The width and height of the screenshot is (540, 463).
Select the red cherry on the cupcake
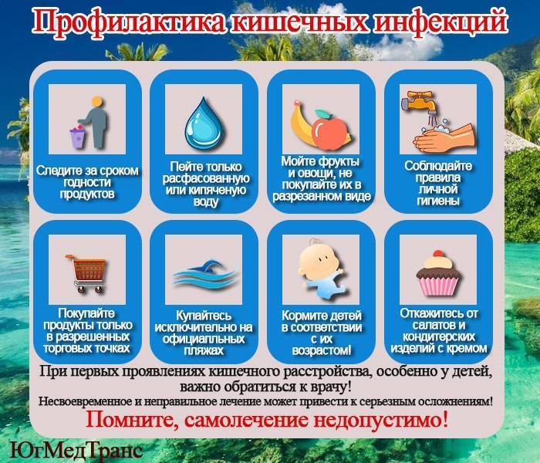pyautogui.click(x=438, y=254)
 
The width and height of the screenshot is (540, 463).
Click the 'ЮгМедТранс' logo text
pyautogui.click(x=76, y=450)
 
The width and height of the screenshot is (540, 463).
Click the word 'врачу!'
pyautogui.click(x=330, y=387)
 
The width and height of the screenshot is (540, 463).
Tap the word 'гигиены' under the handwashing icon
pyautogui.click(x=438, y=201)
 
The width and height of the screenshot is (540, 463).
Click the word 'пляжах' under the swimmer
pyautogui.click(x=204, y=350)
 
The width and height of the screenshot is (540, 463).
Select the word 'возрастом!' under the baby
pyautogui.click(x=322, y=350)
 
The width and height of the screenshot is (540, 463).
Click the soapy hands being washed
pyautogui.click(x=444, y=138)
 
